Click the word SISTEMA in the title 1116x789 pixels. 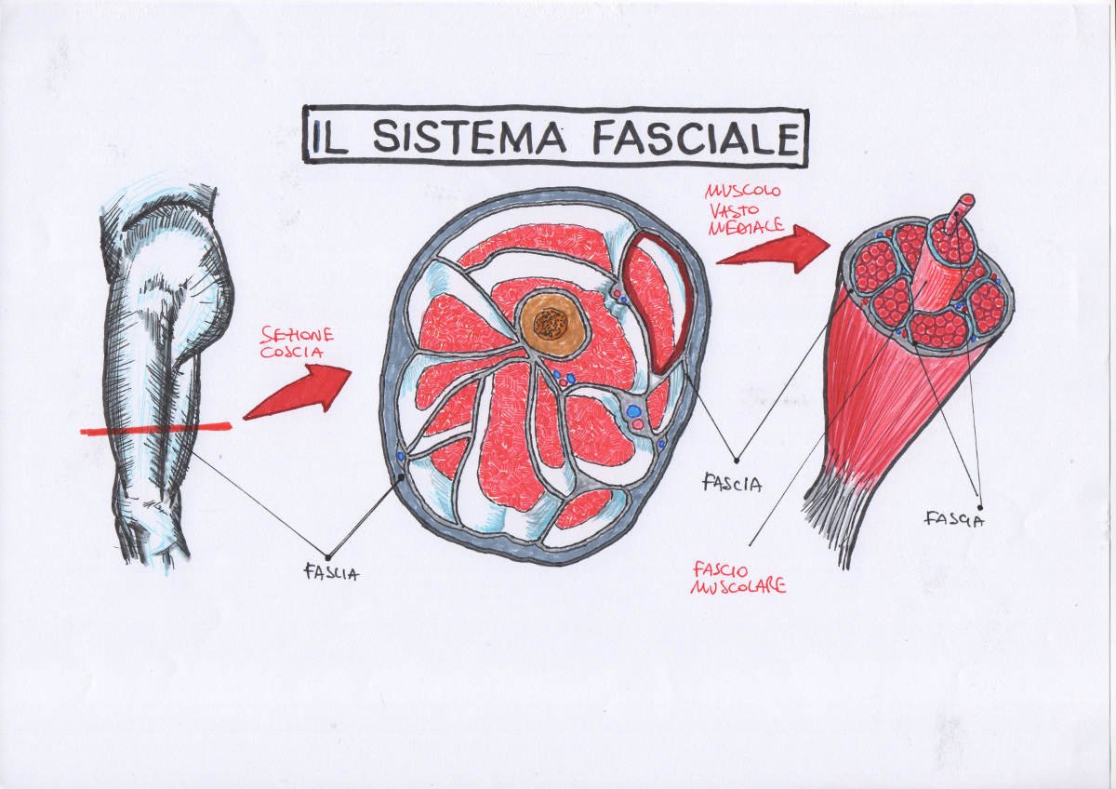pyautogui.click(x=468, y=138)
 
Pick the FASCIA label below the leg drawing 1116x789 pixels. pyautogui.click(x=332, y=573)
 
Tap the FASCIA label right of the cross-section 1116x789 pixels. pyautogui.click(x=733, y=484)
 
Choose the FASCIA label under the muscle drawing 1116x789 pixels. pyautogui.click(x=955, y=518)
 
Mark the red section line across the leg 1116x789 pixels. pyautogui.click(x=155, y=428)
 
